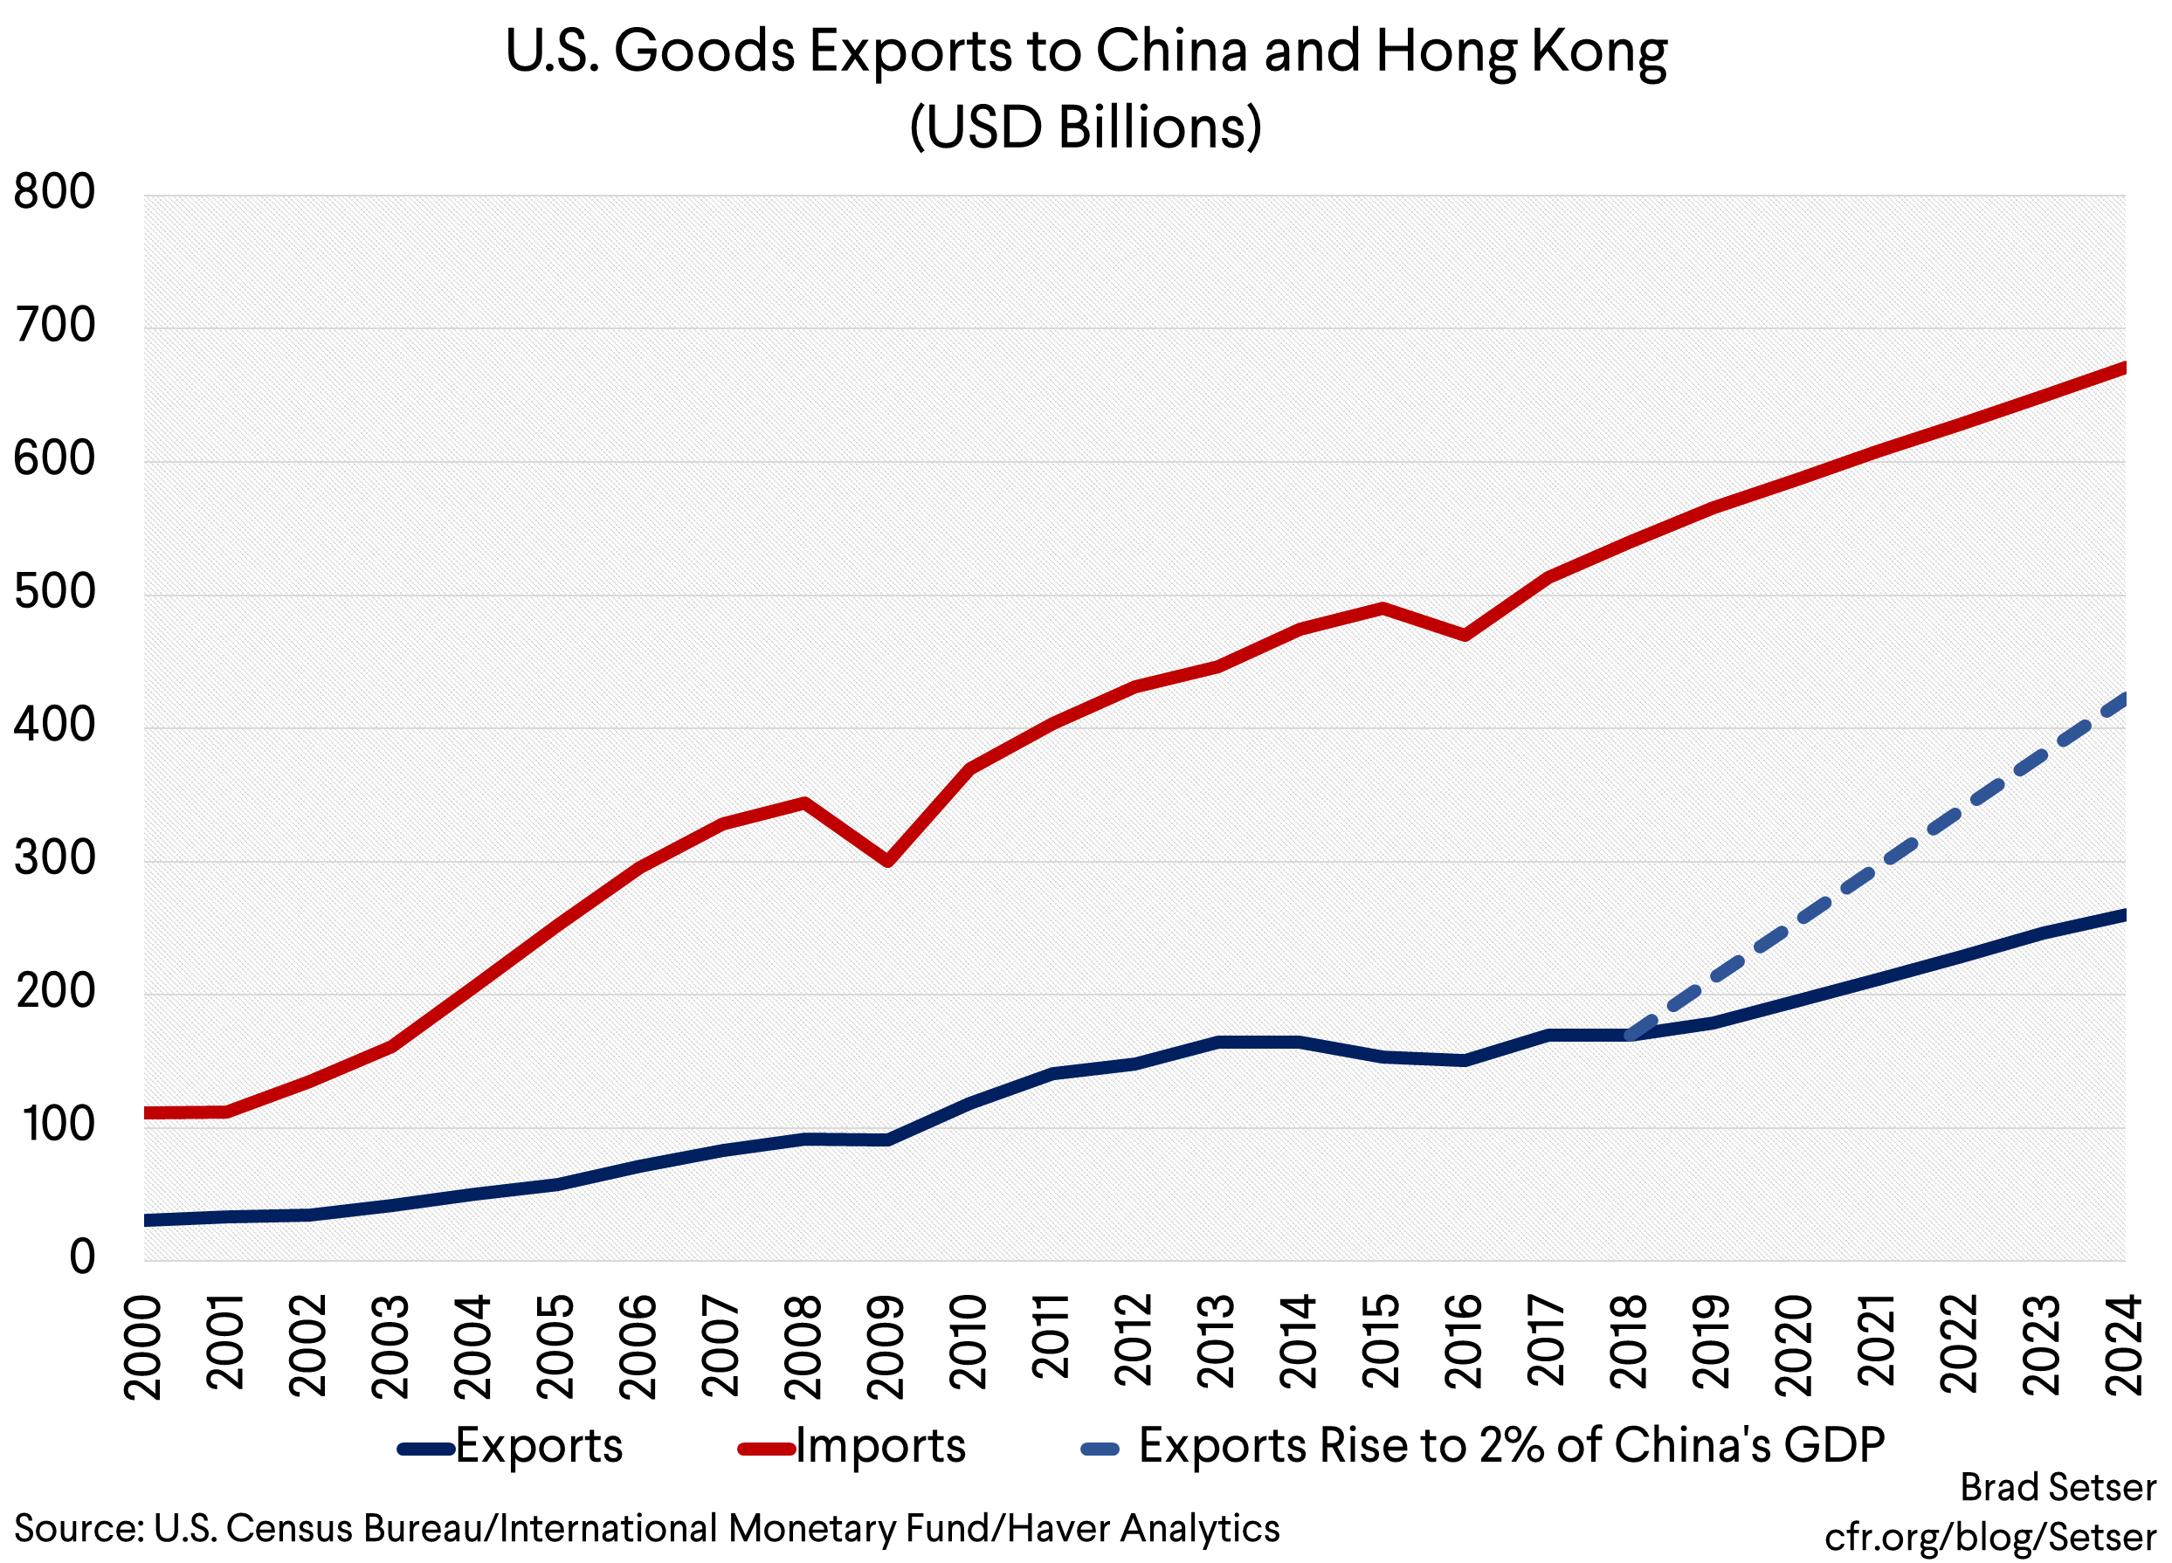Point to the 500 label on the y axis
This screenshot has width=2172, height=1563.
tap(55, 592)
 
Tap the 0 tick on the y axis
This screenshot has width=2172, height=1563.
tap(81, 1257)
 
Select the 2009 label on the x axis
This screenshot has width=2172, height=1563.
tap(886, 1346)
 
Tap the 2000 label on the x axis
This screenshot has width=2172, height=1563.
tap(143, 1346)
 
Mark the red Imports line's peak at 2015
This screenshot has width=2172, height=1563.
tap(1382, 607)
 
